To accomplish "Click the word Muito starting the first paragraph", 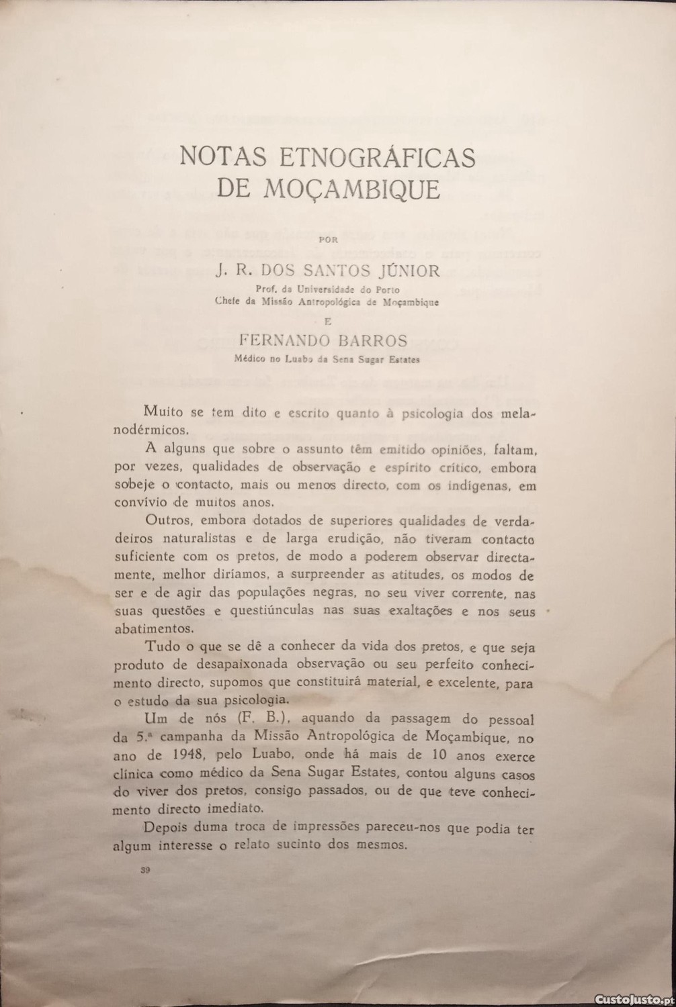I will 163,412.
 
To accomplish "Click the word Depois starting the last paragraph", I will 166,828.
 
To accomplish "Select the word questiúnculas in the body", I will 271,612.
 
